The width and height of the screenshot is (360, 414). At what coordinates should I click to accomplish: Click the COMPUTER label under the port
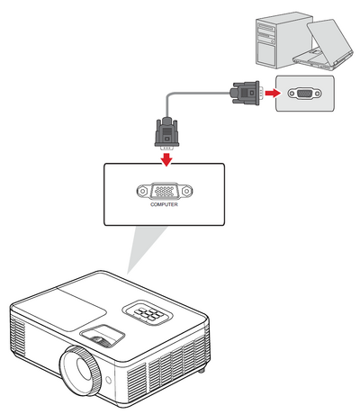point(164,204)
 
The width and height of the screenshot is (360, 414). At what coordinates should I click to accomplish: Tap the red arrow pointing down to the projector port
point(166,159)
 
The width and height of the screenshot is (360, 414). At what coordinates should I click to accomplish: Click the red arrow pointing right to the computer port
point(273,93)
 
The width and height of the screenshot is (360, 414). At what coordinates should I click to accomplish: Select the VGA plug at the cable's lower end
point(166,133)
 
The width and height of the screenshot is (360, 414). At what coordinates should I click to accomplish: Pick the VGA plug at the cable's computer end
point(246,93)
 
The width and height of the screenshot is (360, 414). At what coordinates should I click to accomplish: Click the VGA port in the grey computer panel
point(304,94)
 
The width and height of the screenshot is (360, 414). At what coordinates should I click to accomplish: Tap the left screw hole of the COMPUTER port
point(143,191)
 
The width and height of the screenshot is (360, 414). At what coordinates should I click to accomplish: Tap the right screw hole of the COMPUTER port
point(186,191)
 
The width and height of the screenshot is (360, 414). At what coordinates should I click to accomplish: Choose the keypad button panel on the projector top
point(148,313)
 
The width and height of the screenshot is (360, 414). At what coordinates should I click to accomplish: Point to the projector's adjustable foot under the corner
point(202,370)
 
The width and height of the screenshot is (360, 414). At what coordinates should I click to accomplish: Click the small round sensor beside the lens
point(109,380)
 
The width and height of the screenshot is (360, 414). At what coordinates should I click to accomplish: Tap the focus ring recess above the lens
point(103,336)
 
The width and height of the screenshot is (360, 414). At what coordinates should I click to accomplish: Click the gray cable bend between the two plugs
point(169,97)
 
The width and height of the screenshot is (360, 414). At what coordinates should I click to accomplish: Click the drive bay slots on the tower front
point(266,31)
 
